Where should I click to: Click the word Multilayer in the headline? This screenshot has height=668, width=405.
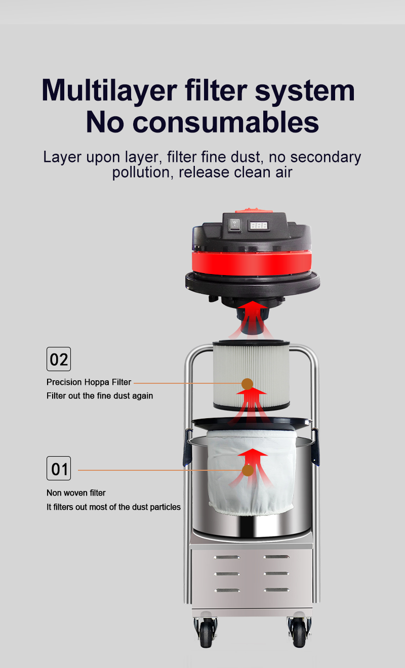coord(109,91)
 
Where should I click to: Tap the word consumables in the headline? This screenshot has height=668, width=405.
coord(226,122)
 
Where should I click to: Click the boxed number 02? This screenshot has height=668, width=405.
coord(59,359)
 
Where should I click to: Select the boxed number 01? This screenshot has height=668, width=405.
coord(59,468)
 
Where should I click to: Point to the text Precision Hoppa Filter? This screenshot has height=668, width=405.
coord(89,382)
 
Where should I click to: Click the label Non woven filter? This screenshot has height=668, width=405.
coord(76,493)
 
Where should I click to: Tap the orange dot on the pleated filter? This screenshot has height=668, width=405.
coord(247,384)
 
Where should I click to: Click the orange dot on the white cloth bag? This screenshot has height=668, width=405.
coord(248,470)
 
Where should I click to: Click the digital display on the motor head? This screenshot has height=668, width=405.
coord(259,226)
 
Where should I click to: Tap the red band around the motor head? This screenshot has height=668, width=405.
coord(252,263)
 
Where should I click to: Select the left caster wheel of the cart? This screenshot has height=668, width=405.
coord(206,633)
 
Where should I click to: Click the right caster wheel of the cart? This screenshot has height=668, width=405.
coord(299,633)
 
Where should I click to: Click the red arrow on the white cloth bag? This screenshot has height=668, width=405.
coord(252,468)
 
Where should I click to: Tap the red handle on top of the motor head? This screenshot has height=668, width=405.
coord(254,210)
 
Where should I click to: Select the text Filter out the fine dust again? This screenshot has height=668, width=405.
coord(100,396)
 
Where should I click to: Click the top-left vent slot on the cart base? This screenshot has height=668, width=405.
coord(227,557)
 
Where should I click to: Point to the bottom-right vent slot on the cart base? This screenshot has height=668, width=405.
coord(276,590)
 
